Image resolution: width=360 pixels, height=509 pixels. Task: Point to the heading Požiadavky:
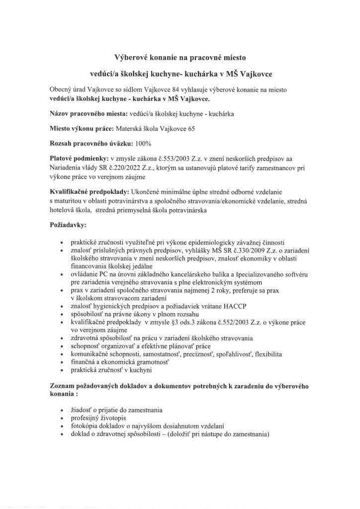pyautogui.click(x=68, y=225)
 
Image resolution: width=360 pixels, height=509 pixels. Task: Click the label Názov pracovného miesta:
pyautogui.click(x=86, y=113)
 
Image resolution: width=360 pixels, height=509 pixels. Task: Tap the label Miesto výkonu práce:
pyautogui.click(x=82, y=128)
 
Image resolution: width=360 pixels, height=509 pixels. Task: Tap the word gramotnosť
pyautogui.click(x=147, y=363)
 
